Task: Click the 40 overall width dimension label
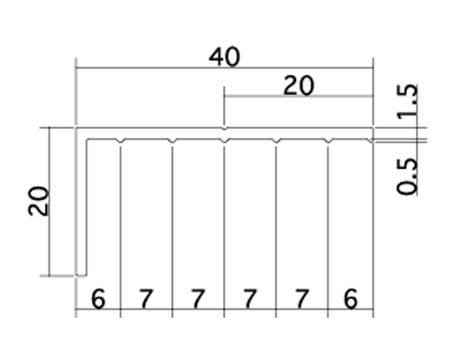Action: coord(224,57)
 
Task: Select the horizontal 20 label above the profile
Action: coord(299,85)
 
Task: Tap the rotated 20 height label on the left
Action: coord(38,201)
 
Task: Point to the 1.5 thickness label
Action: coord(407,102)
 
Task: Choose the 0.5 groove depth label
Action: coord(407,176)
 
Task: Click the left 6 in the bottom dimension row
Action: coord(98,299)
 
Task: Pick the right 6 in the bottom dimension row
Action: coord(350,299)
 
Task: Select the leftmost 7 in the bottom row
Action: coord(146,299)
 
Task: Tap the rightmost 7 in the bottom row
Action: coord(301,299)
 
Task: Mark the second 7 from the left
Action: coord(198,299)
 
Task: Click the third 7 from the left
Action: coord(250,299)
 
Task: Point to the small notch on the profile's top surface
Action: coord(224,129)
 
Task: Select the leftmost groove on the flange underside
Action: coord(121,141)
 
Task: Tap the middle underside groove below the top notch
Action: coord(224,141)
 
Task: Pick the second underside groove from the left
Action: coord(172,141)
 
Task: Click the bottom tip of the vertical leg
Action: coord(81,275)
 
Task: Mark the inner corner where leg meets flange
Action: coord(87,139)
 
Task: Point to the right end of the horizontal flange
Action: coord(373,134)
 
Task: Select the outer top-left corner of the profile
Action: coord(76,128)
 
